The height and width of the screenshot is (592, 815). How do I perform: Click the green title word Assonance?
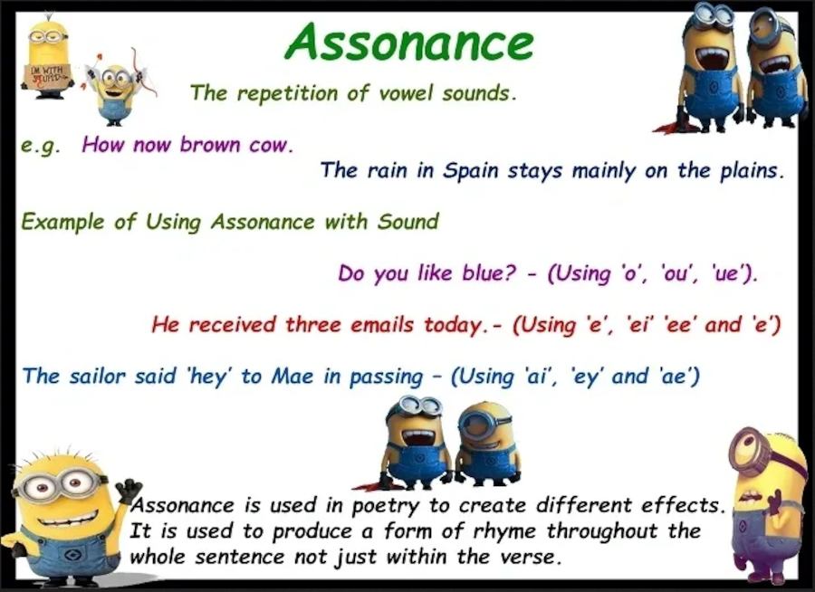click(x=409, y=42)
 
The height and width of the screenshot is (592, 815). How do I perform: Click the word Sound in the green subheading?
click(x=408, y=222)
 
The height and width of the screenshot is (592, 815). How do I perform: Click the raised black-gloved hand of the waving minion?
click(x=129, y=490)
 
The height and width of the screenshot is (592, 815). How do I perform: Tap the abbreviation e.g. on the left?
click(x=40, y=146)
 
